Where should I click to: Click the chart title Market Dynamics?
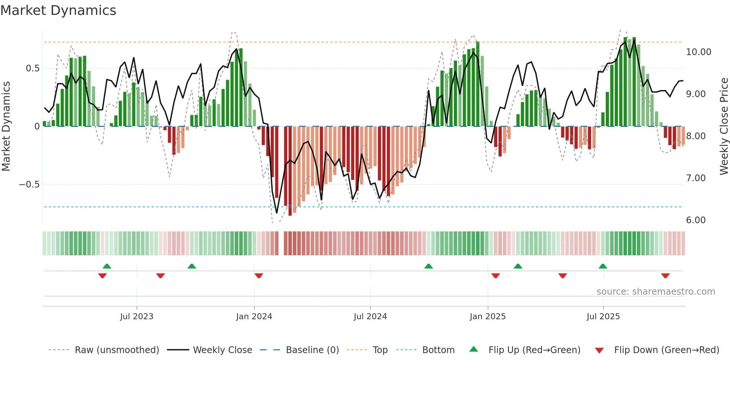58,10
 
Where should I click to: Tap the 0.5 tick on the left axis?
32,68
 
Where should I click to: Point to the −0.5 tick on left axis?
29,185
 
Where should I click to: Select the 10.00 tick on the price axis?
698,52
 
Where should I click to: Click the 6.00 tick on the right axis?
696,220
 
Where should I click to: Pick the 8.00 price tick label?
696,136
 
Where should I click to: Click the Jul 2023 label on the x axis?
137,317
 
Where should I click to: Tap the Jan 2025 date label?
488,317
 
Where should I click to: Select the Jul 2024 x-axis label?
370,317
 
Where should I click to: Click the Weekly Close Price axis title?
724,126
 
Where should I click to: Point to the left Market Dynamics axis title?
6,126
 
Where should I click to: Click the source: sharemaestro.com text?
656,292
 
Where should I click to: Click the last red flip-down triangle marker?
666,276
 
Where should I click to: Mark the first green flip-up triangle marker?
107,266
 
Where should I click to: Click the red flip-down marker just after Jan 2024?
259,276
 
